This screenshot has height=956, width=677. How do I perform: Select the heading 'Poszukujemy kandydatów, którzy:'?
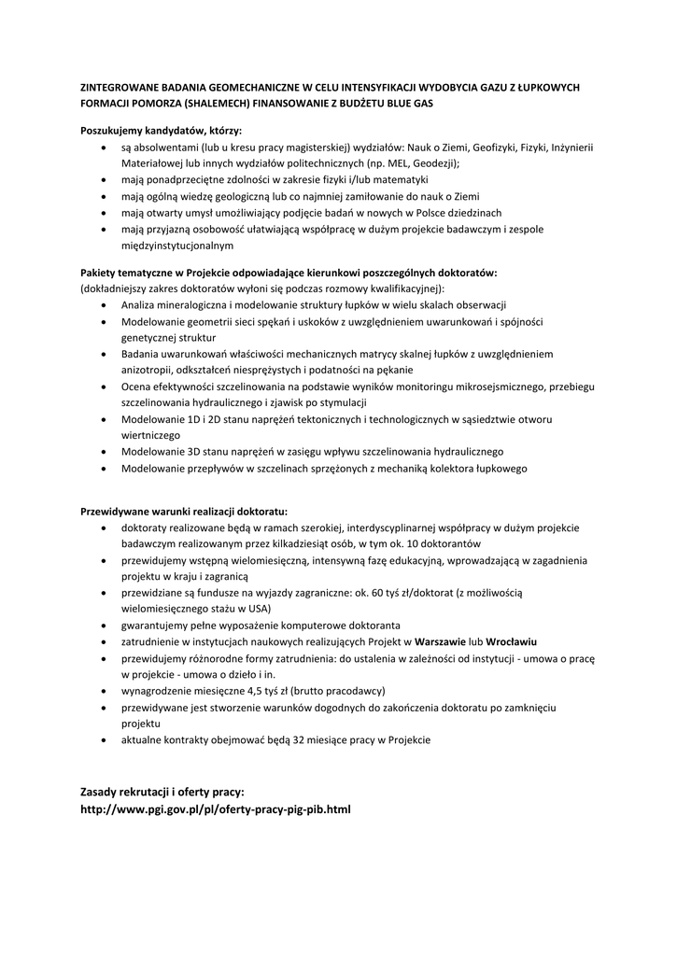162,132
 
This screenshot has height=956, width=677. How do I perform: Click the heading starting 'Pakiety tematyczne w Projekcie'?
289,273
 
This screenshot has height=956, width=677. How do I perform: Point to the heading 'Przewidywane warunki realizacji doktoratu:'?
185,512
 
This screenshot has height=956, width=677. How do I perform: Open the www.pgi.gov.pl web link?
216,808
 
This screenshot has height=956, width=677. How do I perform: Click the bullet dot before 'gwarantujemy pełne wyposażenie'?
103,625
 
